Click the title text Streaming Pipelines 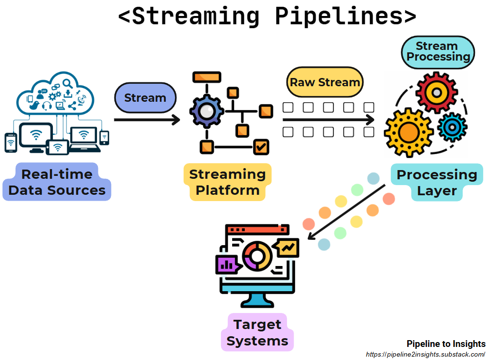(x=267, y=16)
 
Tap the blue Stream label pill (x=145, y=98)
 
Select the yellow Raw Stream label (x=325, y=82)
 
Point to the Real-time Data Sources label (x=57, y=182)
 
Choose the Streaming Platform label (x=227, y=182)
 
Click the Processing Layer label (x=437, y=183)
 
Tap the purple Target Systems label (x=257, y=332)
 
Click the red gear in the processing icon (x=436, y=92)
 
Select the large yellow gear (x=409, y=133)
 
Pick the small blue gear (x=452, y=127)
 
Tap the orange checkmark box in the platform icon (x=261, y=145)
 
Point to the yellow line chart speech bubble (x=288, y=248)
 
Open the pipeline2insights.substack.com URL (x=425, y=354)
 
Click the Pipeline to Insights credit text (x=445, y=344)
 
